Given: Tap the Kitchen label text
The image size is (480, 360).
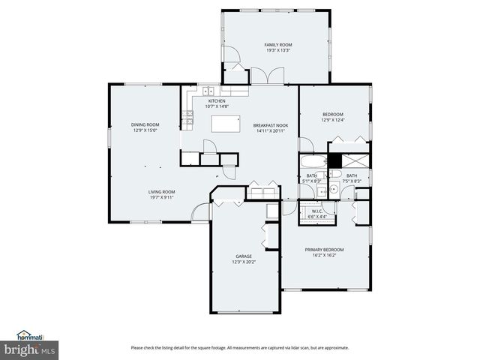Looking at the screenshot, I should (x=217, y=101).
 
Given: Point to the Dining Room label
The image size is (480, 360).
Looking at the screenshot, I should (x=145, y=124).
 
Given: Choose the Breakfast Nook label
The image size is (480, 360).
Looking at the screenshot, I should (x=271, y=125).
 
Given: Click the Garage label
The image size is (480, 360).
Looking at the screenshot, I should (x=244, y=256).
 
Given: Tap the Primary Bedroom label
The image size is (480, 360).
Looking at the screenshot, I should (x=324, y=249).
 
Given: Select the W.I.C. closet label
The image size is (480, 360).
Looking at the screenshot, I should (x=318, y=211).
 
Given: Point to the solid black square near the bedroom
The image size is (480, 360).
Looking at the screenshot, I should (x=335, y=160).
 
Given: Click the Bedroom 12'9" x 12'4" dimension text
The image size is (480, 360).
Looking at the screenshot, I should (x=332, y=119).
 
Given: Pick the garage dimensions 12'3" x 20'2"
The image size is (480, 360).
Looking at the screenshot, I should (x=244, y=262).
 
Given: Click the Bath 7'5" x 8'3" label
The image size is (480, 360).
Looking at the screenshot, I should (x=352, y=178).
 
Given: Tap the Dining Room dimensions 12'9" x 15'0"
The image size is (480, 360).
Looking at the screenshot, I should (x=145, y=130).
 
